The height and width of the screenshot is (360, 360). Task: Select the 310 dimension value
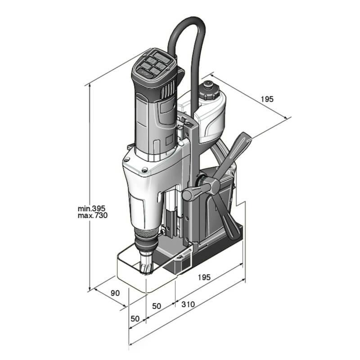pos(188,305)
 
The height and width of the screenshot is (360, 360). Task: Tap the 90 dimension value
pos(115,293)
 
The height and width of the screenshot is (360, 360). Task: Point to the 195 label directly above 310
pos(204,277)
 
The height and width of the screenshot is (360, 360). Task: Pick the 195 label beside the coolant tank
pos(266,99)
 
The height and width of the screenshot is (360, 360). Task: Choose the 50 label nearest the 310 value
pos(157,306)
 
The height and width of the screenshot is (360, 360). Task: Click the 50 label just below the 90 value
pos(135,319)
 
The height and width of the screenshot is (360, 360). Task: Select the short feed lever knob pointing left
pos(189,194)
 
